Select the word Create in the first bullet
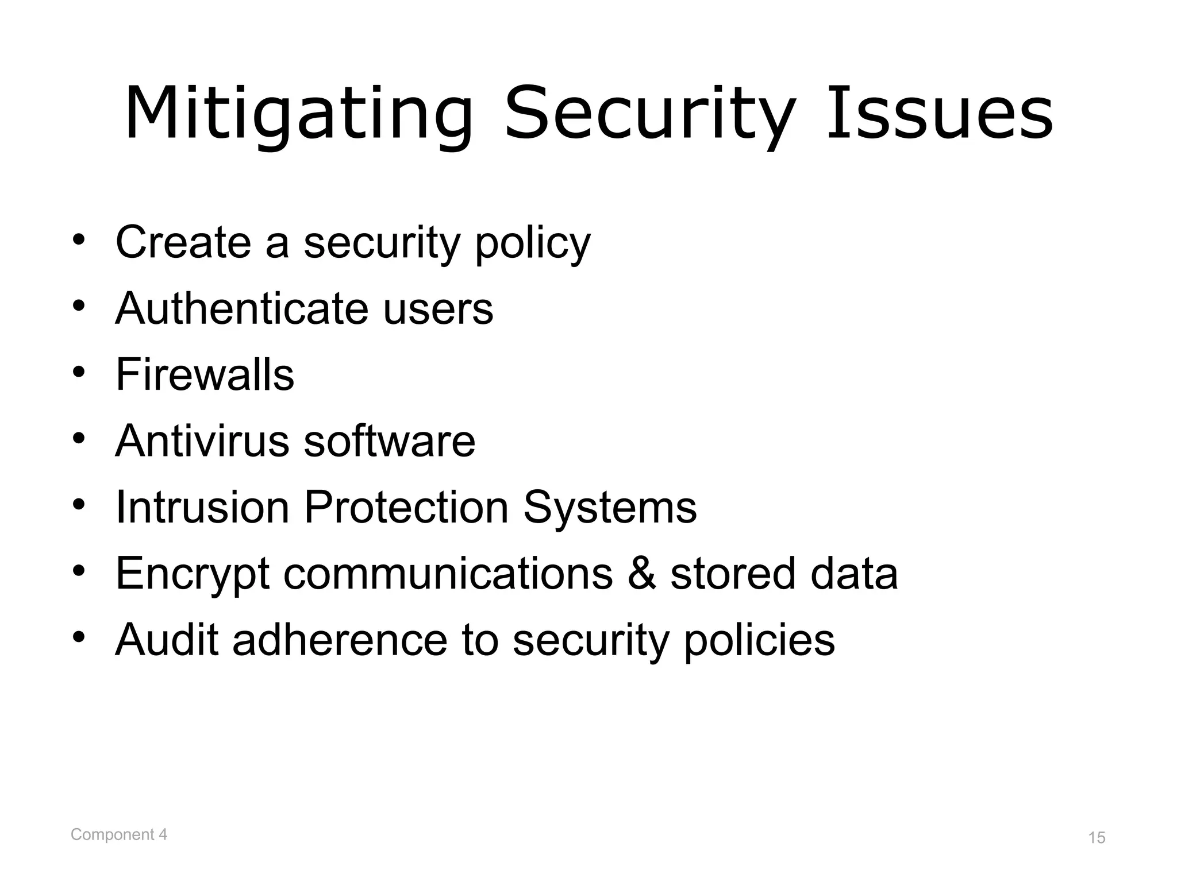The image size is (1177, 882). pyautogui.click(x=183, y=242)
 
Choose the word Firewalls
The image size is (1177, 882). pyautogui.click(x=205, y=374)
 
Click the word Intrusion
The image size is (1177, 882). pyautogui.click(x=202, y=507)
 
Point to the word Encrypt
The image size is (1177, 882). pyautogui.click(x=193, y=574)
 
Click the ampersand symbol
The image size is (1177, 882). pyautogui.click(x=641, y=573)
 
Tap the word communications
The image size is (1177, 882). pyautogui.click(x=448, y=573)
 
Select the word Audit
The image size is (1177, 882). pyautogui.click(x=167, y=639)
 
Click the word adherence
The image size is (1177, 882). pyautogui.click(x=340, y=639)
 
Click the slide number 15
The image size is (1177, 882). pyautogui.click(x=1097, y=838)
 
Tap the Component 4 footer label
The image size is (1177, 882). pyautogui.click(x=119, y=834)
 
